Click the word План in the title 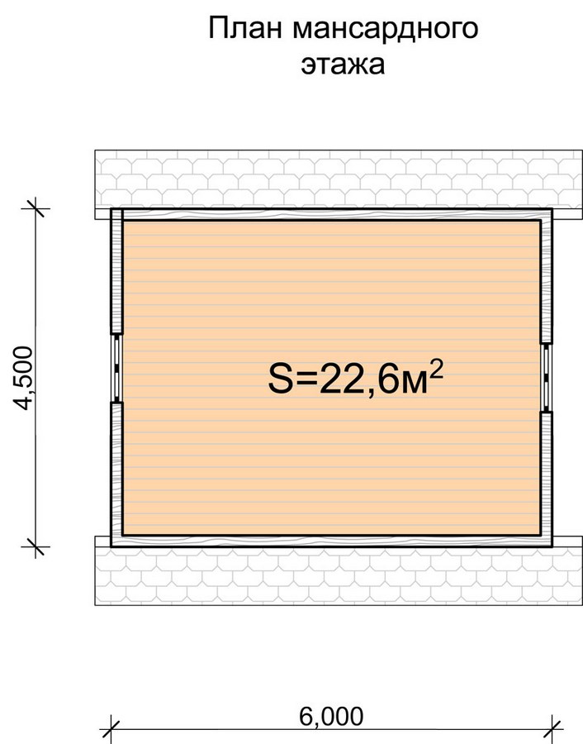[246, 28]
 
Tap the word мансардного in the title [386, 30]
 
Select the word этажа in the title [343, 64]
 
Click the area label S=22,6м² [355, 378]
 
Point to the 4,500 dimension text [23, 378]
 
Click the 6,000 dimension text [331, 716]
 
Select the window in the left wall [116, 368]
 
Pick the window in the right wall [547, 377]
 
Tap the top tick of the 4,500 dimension [36, 207]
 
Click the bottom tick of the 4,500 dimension [36, 546]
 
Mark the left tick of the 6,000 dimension [111, 729]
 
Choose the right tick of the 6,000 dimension [552, 729]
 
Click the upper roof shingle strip [339, 179]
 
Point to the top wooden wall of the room [332, 214]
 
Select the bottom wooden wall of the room [332, 541]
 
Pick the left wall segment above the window [116, 271]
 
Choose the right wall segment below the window [547, 479]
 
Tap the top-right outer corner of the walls [552, 209]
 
